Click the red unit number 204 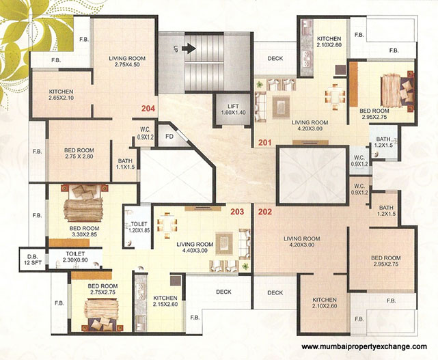pos(148,108)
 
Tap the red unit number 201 pos(264,143)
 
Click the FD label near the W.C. pos(170,135)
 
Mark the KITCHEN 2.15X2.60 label pos(166,302)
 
